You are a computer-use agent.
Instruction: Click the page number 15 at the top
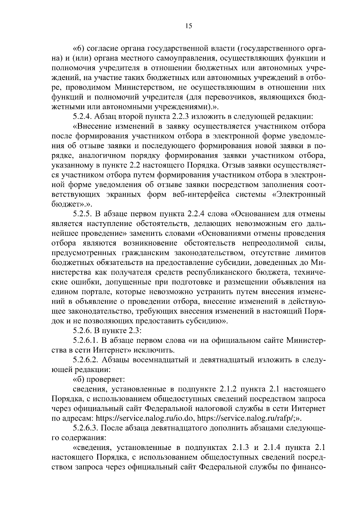(188, 26)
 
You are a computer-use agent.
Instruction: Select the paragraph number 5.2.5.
(82, 214)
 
